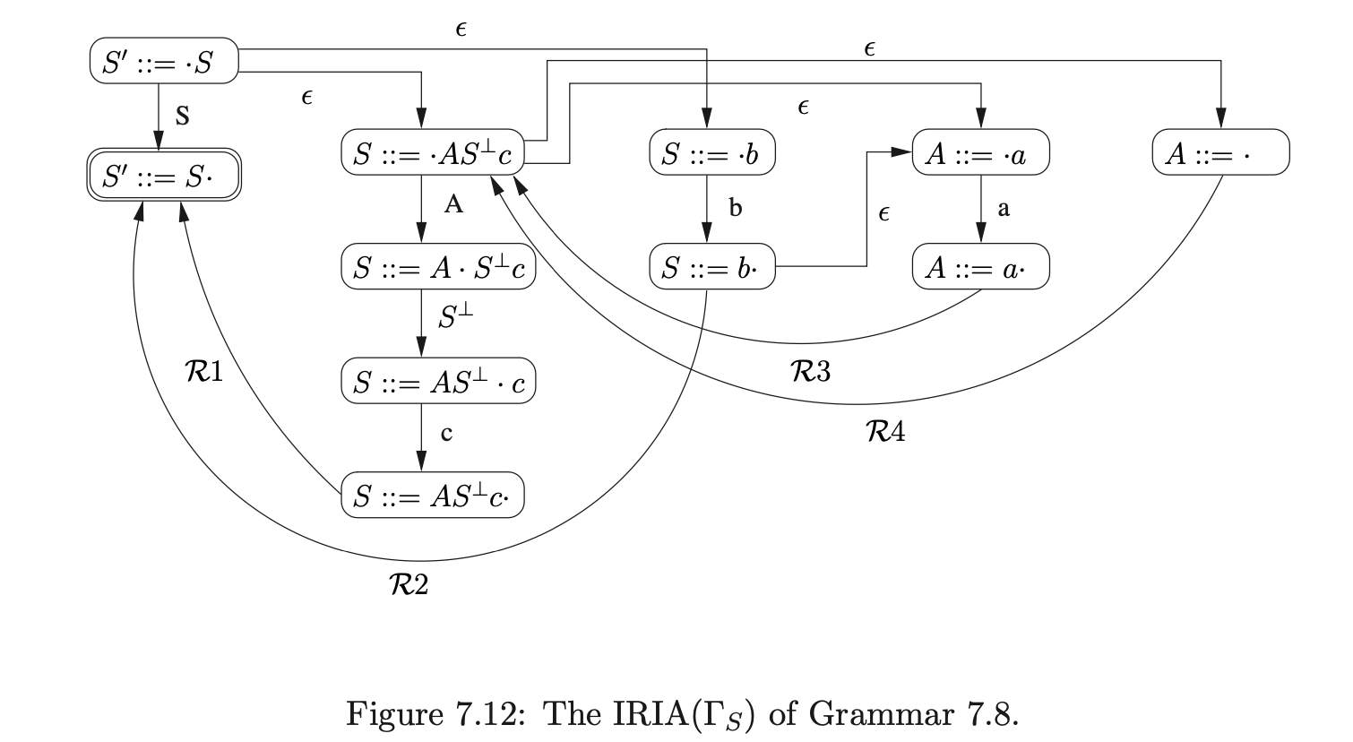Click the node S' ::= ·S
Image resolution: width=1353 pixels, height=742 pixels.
pos(164,61)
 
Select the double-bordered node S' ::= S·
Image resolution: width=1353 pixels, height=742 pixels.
pos(164,175)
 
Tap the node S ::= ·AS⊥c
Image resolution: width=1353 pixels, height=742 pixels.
pos(432,153)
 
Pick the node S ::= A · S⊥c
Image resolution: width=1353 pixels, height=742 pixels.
pos(438,268)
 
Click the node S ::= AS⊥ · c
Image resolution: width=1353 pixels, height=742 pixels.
pos(438,382)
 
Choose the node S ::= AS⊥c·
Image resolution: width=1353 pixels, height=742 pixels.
pos(432,495)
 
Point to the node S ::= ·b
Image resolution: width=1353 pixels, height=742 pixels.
pos(711,153)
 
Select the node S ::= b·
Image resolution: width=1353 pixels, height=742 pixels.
pos(711,267)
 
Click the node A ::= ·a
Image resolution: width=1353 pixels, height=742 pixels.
pos(980,153)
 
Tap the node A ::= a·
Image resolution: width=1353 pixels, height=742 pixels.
pos(980,267)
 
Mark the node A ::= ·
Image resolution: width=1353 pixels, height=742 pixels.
pos(1220,153)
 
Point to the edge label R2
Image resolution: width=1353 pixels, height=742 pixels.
pos(408,584)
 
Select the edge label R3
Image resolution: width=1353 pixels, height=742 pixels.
pos(811,370)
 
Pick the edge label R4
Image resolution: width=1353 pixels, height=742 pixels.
pos(885,433)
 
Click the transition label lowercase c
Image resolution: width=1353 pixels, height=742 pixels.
pos(446,434)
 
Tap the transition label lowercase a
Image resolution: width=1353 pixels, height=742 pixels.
pos(1004,209)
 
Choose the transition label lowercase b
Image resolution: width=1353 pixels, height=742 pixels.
pos(736,209)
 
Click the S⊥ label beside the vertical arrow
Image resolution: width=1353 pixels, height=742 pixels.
pos(456,317)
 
